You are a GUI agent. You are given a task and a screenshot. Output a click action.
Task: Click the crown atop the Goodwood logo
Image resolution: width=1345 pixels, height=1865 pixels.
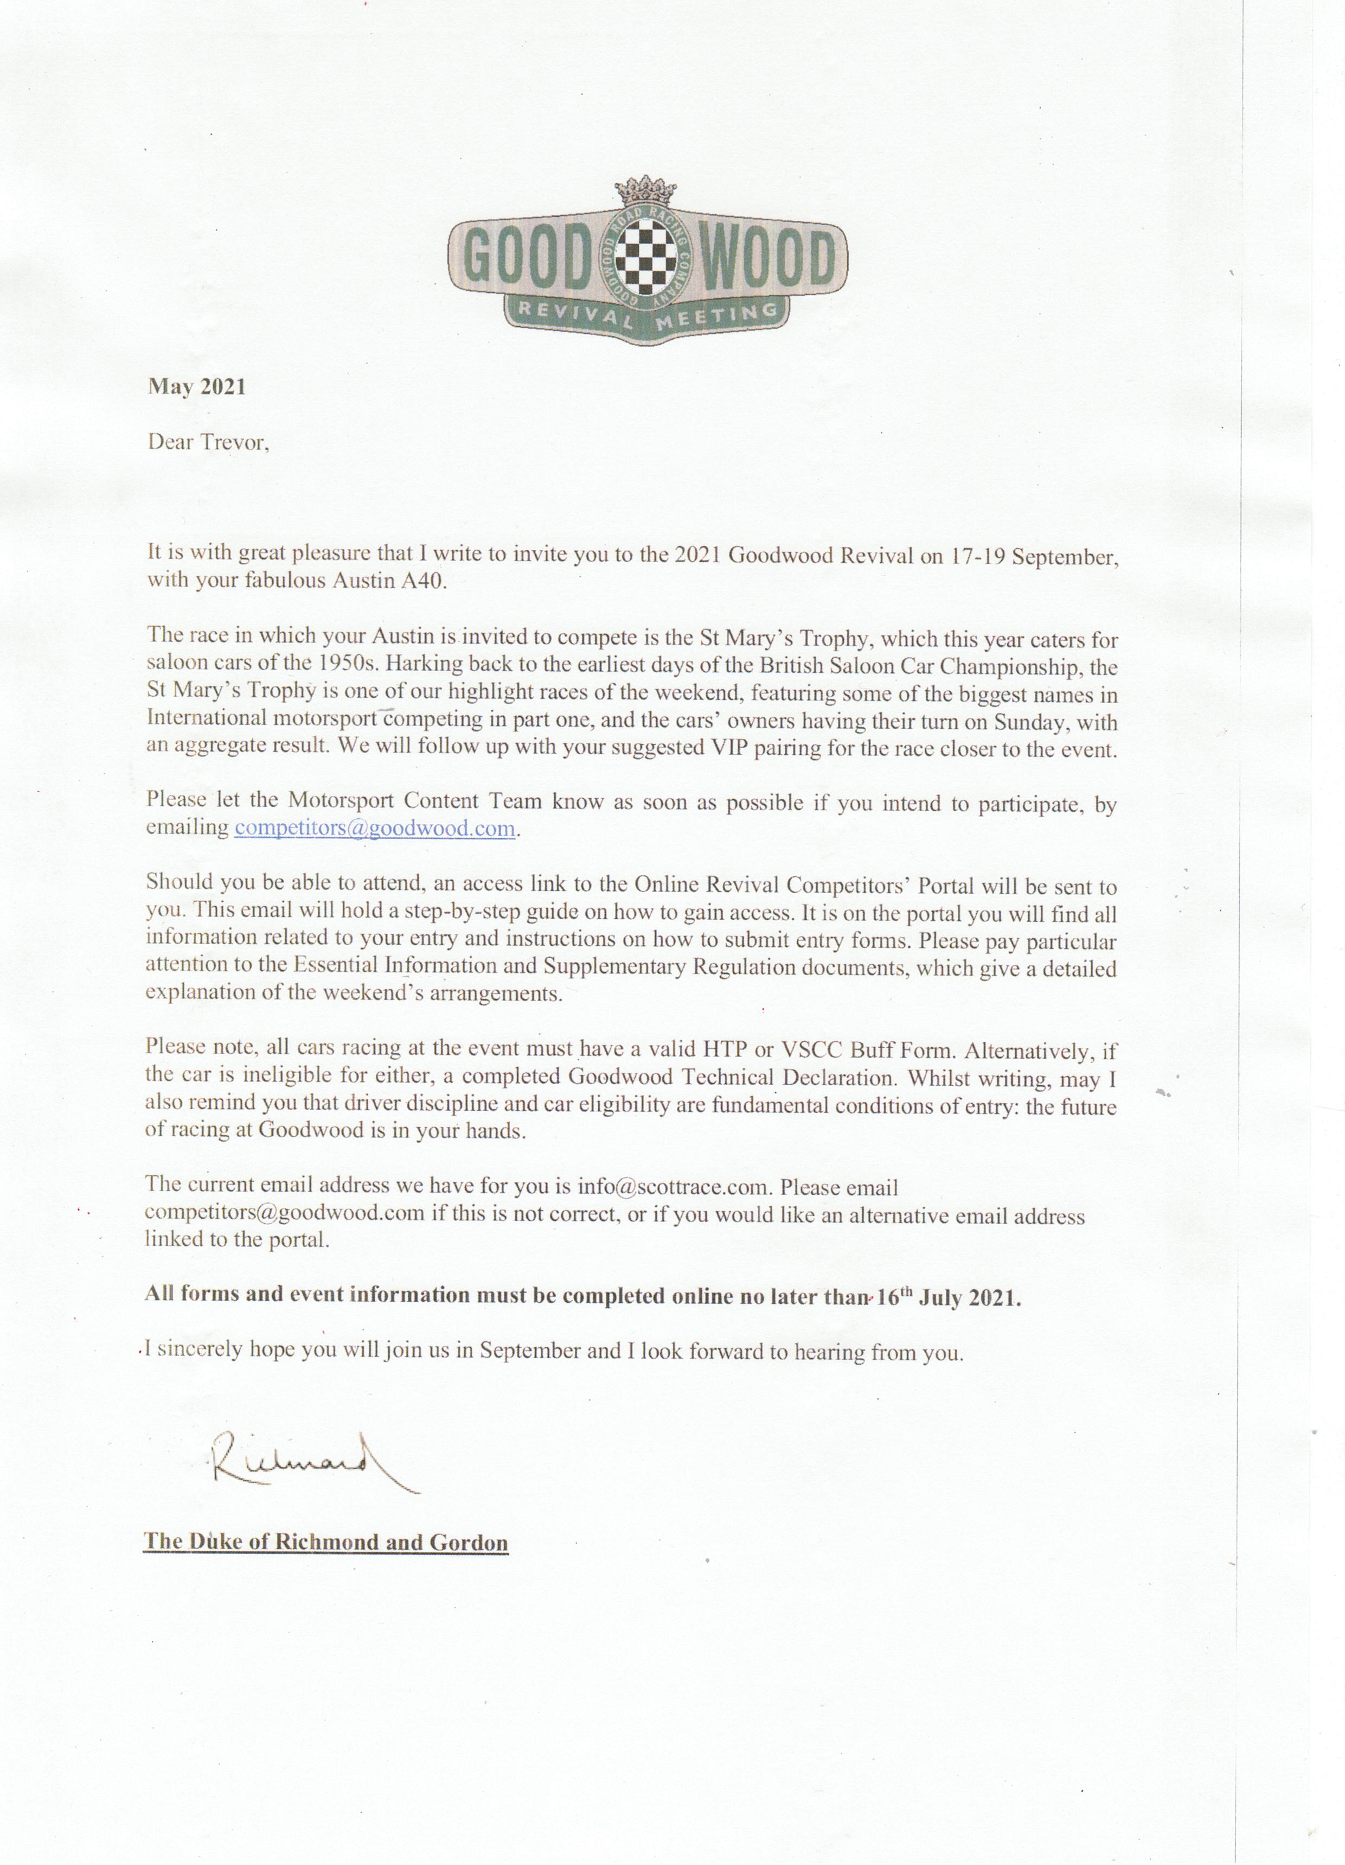point(645,192)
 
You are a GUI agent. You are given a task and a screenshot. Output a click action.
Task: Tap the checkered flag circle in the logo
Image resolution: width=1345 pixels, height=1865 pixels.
point(645,260)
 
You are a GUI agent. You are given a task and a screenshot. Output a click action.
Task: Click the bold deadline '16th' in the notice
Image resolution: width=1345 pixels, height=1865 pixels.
point(894,1297)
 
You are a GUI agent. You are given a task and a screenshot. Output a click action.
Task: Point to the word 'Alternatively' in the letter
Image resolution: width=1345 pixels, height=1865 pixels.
point(1029,1051)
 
